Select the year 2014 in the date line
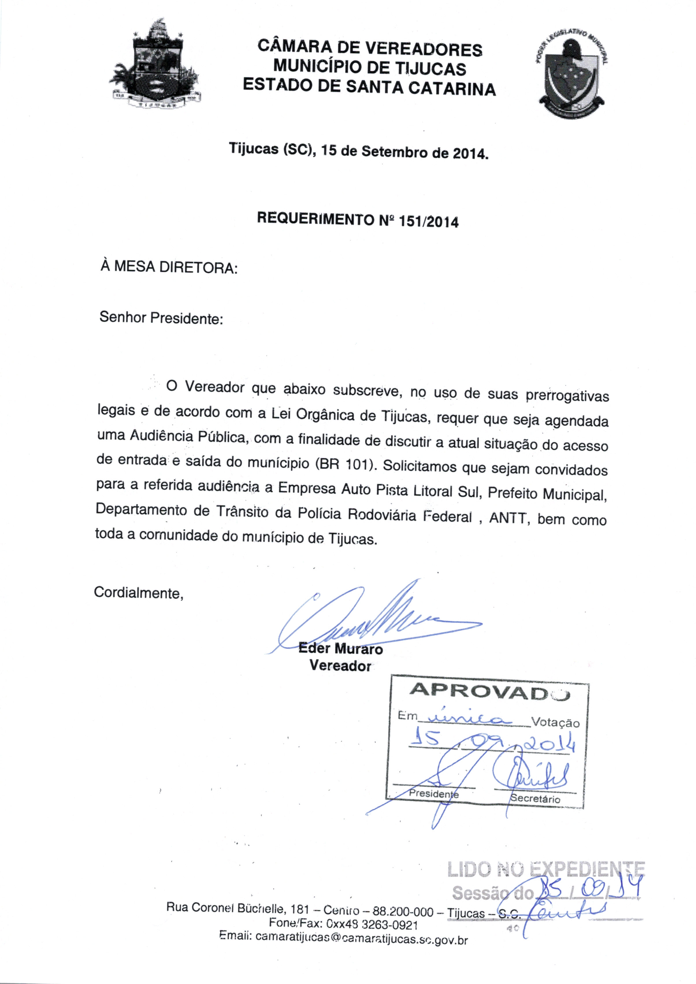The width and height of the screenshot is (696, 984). pos(470,153)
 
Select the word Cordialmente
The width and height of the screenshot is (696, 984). pos(138,593)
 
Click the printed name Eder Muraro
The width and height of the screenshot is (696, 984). pos(340,648)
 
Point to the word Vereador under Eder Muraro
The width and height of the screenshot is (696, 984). pos(340,666)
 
